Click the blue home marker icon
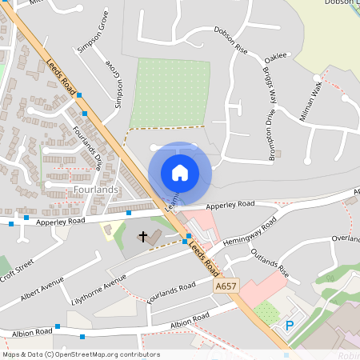pyautogui.click(x=180, y=172)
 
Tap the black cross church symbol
pyautogui.click(x=144, y=237)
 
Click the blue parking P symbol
pyautogui.click(x=290, y=326)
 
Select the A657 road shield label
pyautogui.click(x=226, y=284)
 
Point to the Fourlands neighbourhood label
pyautogui.click(x=95, y=190)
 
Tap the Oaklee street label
pyautogui.click(x=274, y=57)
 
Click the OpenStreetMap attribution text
pyautogui.click(x=80, y=354)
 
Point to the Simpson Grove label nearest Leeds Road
pyautogui.click(x=118, y=90)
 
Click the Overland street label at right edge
pyautogui.click(x=346, y=239)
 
